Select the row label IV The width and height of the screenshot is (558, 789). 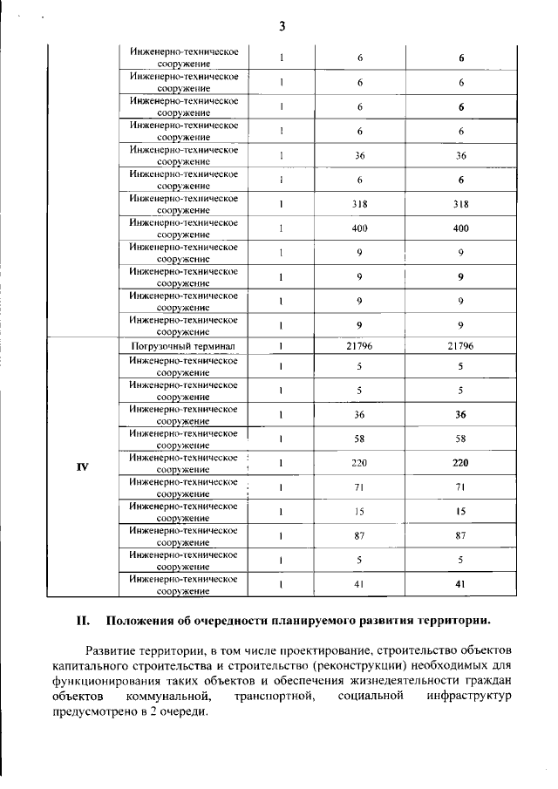[83, 466]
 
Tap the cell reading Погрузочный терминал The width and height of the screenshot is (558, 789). [184, 346]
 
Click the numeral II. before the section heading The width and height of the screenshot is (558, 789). [84, 622]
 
